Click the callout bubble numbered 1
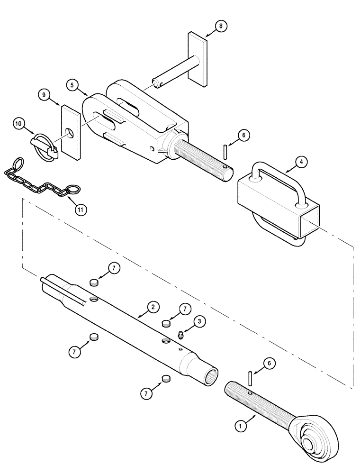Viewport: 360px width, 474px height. click(x=242, y=425)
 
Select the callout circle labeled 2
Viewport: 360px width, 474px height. click(x=152, y=307)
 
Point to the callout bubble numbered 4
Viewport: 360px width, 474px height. click(x=301, y=162)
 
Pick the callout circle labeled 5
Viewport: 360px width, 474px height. click(x=72, y=85)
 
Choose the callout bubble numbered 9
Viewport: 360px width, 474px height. click(x=45, y=95)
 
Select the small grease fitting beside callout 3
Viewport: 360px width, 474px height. click(x=180, y=336)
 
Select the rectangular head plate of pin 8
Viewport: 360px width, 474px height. click(x=198, y=59)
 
